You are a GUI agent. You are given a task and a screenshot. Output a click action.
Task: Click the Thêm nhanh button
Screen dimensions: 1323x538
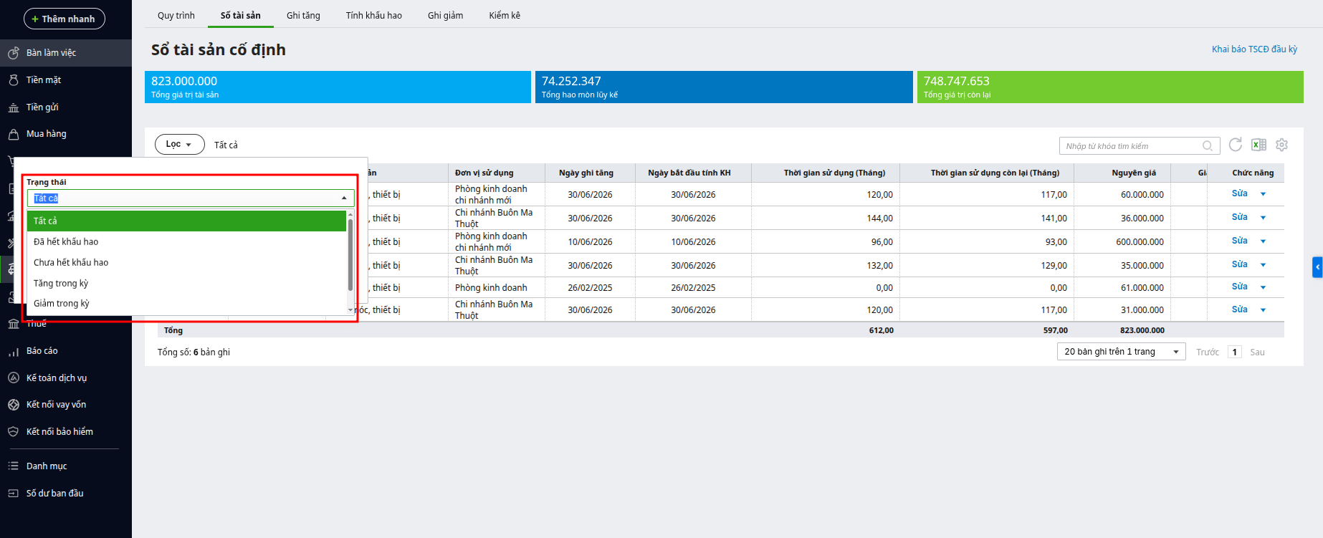coord(65,19)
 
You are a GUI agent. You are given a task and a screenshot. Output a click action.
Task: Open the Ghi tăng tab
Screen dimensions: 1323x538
coord(303,15)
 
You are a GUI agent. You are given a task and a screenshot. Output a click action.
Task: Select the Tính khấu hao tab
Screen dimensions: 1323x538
coord(373,15)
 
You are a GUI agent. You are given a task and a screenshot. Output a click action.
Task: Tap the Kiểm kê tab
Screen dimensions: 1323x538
coord(505,15)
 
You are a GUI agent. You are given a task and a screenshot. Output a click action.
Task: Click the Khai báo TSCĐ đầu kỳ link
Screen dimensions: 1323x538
coord(1254,49)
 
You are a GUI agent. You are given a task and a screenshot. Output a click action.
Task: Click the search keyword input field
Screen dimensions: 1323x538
coord(1132,146)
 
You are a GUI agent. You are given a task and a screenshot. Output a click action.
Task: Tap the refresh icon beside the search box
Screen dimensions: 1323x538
coord(1236,145)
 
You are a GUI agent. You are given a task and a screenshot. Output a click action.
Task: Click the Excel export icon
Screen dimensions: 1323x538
coord(1258,145)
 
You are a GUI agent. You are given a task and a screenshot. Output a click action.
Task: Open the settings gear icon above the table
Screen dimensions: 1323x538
coord(1282,145)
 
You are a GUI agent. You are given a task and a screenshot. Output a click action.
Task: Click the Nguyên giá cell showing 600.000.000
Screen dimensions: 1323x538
coord(1140,242)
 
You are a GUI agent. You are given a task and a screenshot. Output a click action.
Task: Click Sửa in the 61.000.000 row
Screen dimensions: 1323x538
coord(1239,287)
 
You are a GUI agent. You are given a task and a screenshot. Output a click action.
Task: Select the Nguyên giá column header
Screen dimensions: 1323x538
coord(1134,173)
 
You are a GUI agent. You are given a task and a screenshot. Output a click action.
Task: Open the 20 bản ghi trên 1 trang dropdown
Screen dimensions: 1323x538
coord(1122,352)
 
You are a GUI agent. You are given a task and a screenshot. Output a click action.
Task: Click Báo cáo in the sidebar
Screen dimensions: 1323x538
coord(42,351)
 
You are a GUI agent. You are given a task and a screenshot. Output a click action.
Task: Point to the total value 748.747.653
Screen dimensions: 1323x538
coord(956,81)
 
